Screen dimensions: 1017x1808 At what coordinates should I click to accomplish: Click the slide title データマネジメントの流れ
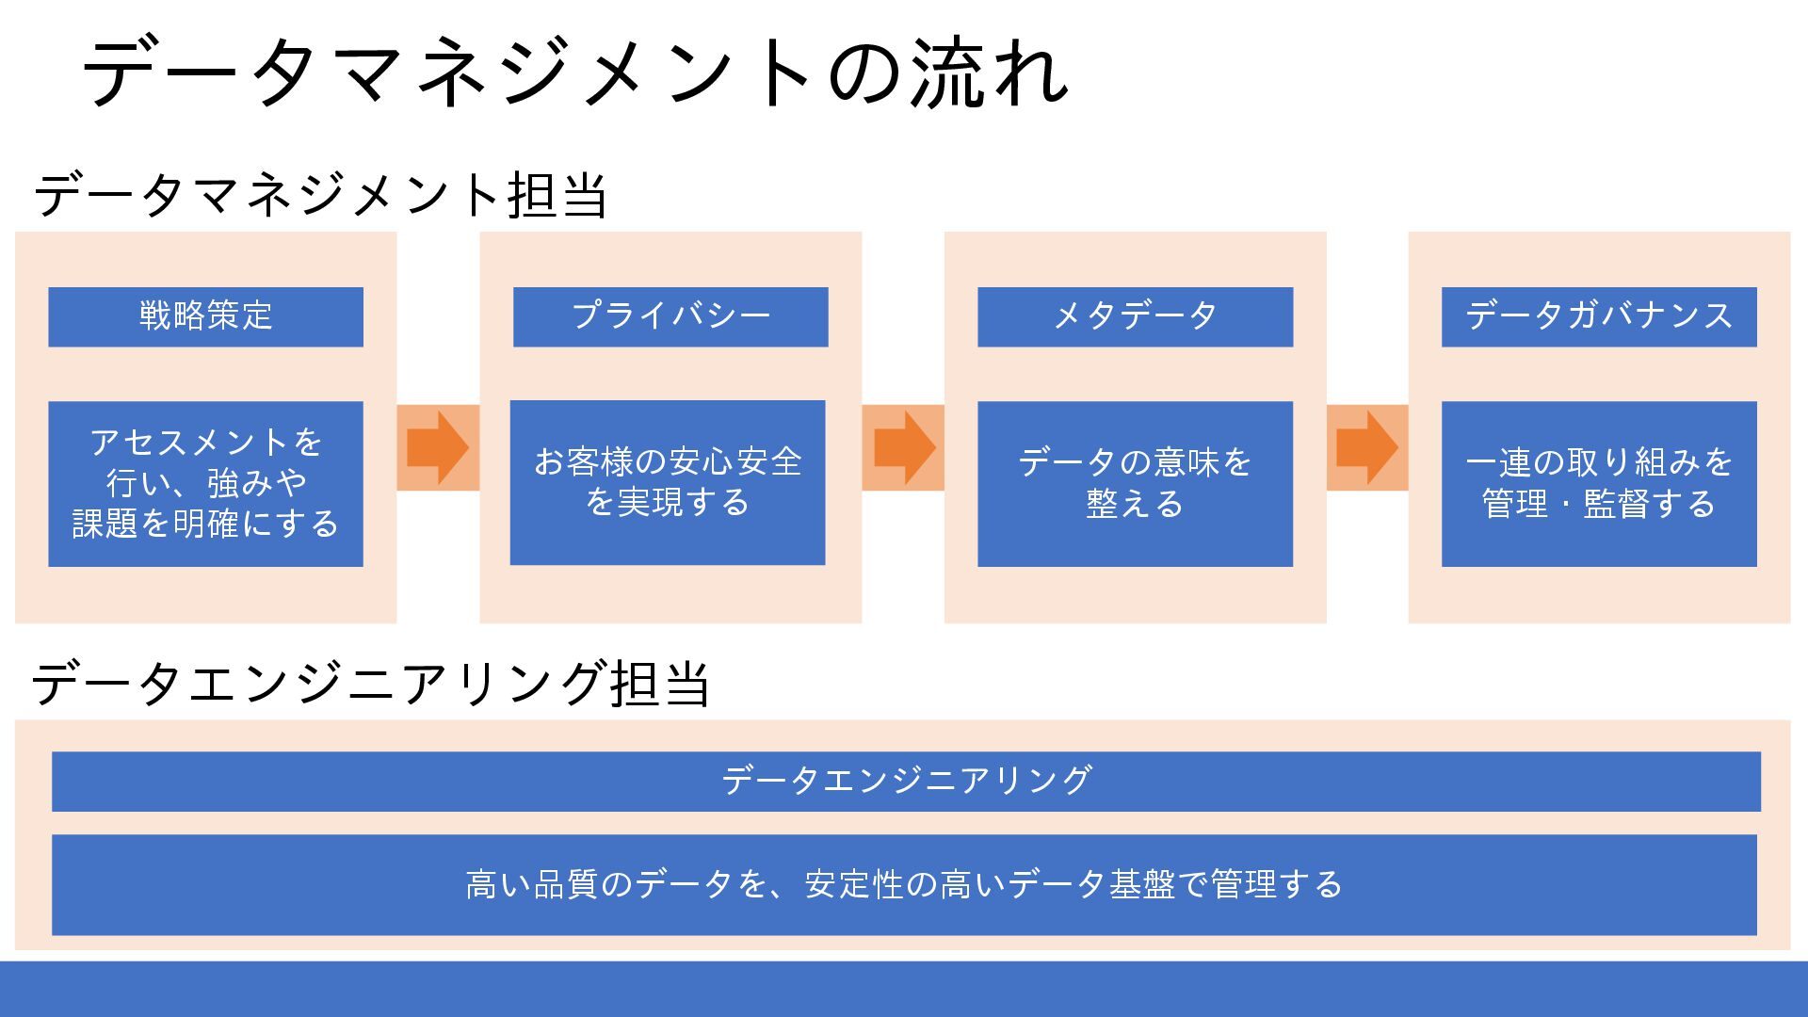[575, 73]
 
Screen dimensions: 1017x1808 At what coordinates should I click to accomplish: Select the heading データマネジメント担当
[320, 195]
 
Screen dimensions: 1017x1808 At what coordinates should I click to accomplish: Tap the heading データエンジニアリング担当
[370, 683]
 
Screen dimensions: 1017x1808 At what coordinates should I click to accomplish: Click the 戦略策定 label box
[205, 316]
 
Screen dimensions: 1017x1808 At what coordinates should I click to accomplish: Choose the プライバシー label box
[670, 316]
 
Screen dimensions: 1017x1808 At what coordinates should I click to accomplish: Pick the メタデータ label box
[1135, 316]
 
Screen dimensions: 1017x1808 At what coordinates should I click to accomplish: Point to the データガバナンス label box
[1599, 316]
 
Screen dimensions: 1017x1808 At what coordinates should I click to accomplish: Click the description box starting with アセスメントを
[205, 483]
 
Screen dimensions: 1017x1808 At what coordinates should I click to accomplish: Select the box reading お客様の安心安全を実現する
[668, 482]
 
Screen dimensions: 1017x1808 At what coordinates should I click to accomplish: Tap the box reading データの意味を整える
[1135, 483]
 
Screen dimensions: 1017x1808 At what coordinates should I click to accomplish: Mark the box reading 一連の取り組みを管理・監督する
[1599, 483]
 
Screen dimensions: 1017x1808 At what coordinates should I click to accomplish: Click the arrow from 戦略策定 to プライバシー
[438, 447]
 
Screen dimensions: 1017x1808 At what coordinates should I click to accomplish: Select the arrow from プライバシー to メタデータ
[904, 447]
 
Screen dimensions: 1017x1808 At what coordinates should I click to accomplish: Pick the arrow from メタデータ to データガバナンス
[1367, 447]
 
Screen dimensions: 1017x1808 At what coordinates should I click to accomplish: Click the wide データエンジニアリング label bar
[906, 781]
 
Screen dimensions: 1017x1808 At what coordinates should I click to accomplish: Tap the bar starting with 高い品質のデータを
[904, 884]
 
